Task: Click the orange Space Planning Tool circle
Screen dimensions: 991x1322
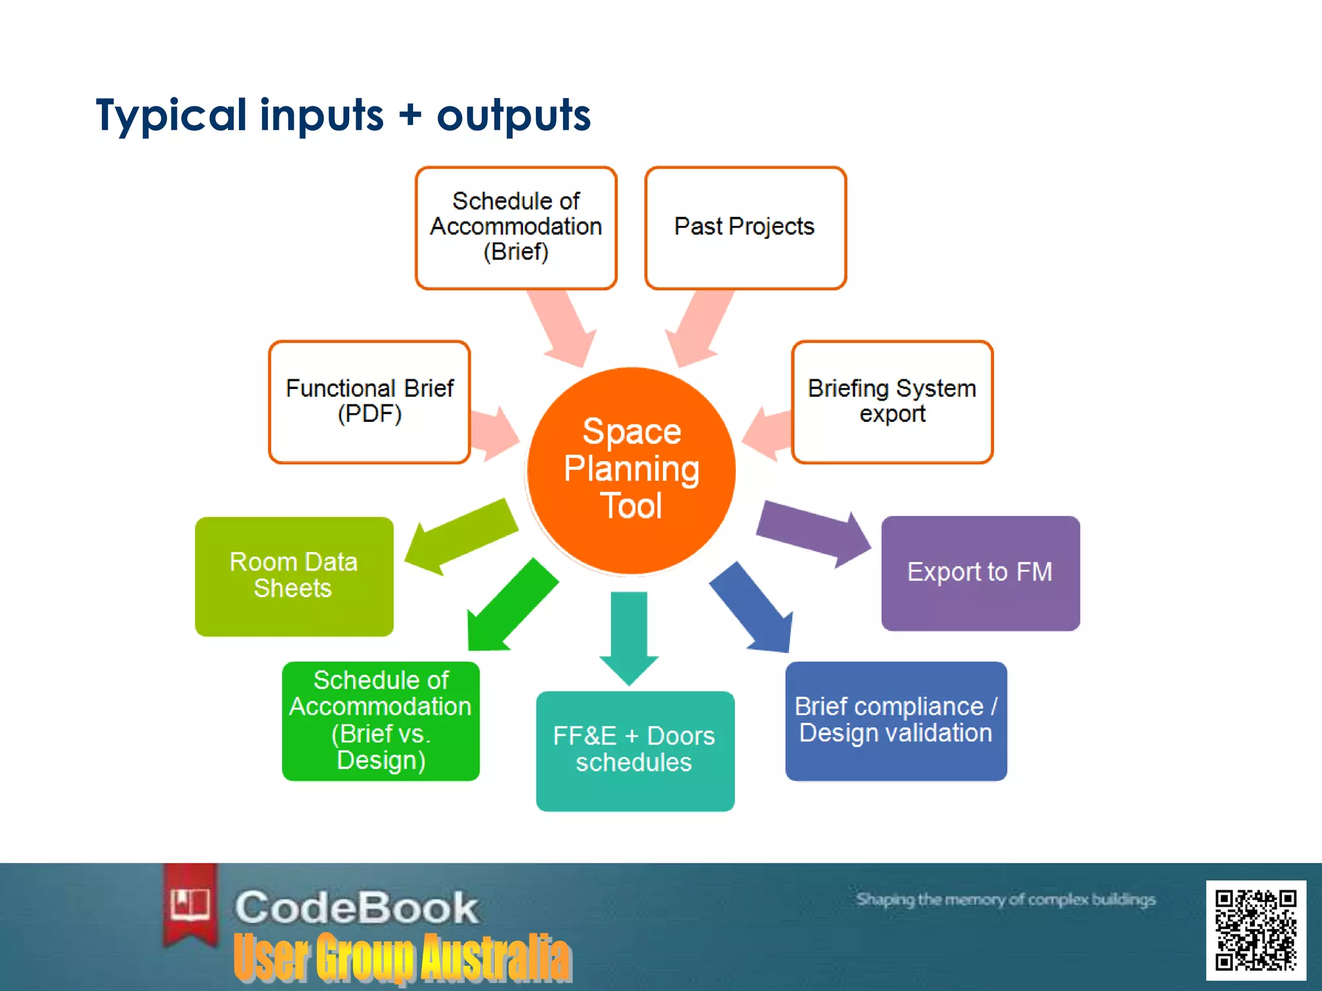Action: point(631,470)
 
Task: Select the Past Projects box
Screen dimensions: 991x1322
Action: point(745,227)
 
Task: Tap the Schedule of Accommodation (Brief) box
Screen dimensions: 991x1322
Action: point(516,227)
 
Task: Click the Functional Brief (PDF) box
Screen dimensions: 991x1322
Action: point(369,401)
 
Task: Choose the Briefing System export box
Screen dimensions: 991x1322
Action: point(891,401)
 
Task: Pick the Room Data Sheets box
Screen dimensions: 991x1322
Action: point(294,576)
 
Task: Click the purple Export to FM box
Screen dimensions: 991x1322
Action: point(980,573)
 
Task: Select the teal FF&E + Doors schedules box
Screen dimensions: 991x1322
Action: point(635,750)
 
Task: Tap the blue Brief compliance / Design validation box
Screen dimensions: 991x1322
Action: point(895,721)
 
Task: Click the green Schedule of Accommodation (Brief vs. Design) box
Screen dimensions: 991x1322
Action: point(380,721)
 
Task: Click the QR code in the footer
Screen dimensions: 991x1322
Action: point(1255,930)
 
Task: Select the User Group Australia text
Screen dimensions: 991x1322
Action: point(402,958)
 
